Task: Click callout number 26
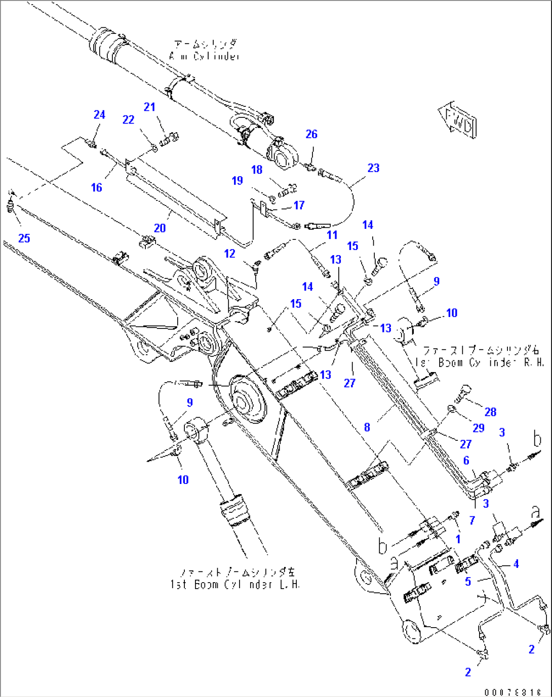[311, 134]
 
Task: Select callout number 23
[373, 168]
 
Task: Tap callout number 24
[99, 115]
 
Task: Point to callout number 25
[24, 238]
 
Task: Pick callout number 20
[160, 228]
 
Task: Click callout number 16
[96, 188]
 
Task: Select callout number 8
[367, 427]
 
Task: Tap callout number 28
[490, 412]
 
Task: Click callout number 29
[479, 428]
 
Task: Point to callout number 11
[332, 235]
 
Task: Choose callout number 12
[230, 254]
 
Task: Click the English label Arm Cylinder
[205, 56]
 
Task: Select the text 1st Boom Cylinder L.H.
[235, 584]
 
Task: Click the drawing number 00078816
[512, 692]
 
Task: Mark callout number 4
[516, 564]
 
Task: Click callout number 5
[468, 582]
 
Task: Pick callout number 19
[238, 181]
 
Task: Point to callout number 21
[149, 107]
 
